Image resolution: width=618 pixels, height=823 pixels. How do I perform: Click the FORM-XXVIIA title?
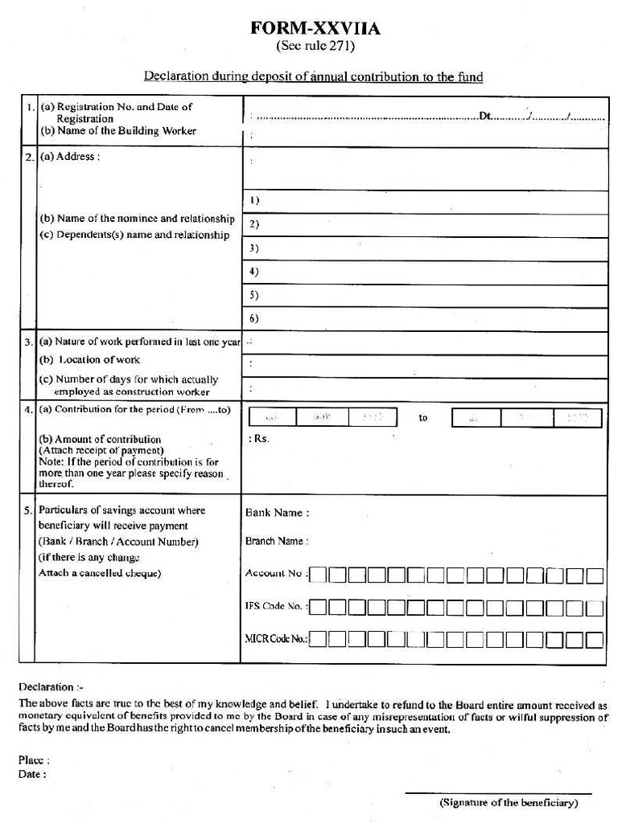tap(316, 30)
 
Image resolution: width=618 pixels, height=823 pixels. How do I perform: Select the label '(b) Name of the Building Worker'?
tap(118, 131)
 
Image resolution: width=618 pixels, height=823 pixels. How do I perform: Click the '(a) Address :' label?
tap(70, 157)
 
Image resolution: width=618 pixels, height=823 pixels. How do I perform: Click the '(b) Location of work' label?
tap(90, 360)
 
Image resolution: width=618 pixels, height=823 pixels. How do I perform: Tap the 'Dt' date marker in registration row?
tap(485, 117)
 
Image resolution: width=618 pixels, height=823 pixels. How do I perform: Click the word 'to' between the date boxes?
tap(423, 418)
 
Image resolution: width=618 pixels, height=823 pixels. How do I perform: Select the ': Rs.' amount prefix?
tap(259, 440)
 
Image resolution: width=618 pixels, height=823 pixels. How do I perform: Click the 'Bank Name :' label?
tap(277, 513)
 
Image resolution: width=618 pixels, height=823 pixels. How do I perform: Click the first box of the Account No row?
tap(319, 575)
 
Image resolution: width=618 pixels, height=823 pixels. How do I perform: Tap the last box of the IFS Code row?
tap(595, 608)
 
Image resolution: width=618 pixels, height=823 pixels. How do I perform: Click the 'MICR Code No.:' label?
tap(276, 639)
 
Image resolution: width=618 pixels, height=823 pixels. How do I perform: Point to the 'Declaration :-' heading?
tap(51, 688)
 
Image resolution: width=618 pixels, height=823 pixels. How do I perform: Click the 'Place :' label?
tap(35, 760)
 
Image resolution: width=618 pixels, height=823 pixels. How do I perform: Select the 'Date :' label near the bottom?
tap(32, 774)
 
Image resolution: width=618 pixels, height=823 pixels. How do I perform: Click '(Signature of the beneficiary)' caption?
tap(509, 803)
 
